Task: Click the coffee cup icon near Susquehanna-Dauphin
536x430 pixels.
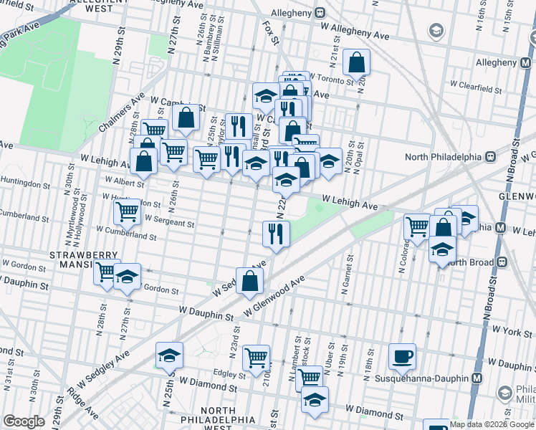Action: tap(402, 356)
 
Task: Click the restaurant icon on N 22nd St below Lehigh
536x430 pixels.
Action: tap(275, 233)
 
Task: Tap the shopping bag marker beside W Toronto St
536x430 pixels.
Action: tap(356, 62)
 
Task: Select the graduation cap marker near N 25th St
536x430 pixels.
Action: tap(169, 355)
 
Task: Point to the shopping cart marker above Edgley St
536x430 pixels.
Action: tap(256, 357)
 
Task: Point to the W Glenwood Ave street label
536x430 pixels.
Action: tap(274, 295)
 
